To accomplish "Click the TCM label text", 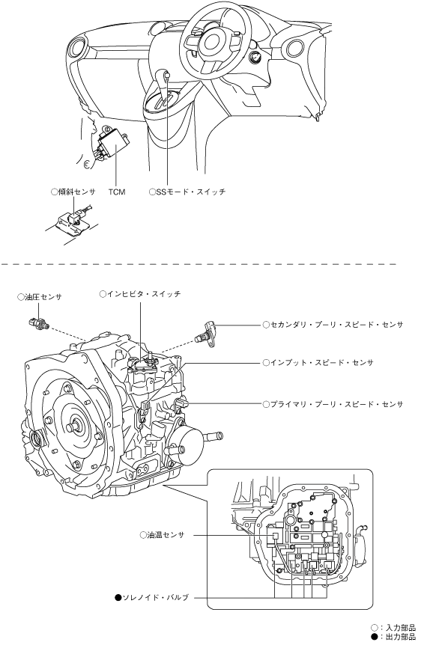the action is (x=117, y=192).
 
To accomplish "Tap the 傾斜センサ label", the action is (x=73, y=192).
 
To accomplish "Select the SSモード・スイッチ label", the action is (x=188, y=192).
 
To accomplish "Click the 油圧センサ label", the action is (x=40, y=297).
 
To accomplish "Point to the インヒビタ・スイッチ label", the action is (x=140, y=294).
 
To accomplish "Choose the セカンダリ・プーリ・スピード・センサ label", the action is (x=333, y=325).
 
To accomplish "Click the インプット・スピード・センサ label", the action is (x=318, y=362).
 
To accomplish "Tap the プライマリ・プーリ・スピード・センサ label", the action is (x=333, y=404).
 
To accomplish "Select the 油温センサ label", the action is (x=163, y=535).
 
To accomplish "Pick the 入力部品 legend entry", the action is (x=393, y=628).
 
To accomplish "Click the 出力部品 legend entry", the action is (x=393, y=637).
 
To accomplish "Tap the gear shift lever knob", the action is (x=166, y=75).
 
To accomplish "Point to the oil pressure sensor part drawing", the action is (x=39, y=323).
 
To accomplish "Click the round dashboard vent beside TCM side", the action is (x=76, y=49).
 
